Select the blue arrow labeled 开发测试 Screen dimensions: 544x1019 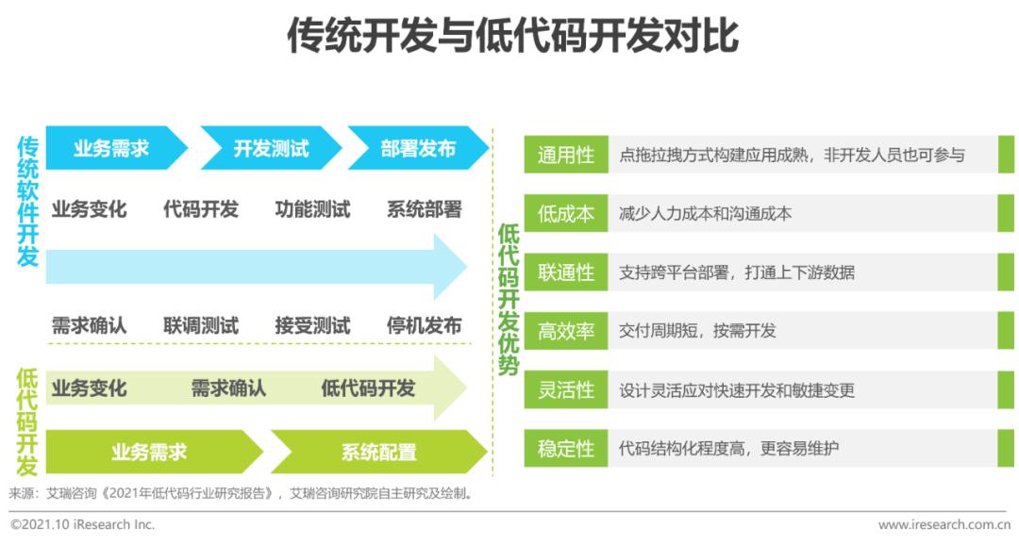pyautogui.click(x=271, y=148)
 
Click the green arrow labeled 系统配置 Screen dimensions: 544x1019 pyautogui.click(x=378, y=452)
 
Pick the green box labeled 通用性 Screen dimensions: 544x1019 pyautogui.click(x=566, y=155)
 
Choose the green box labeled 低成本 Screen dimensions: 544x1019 pyautogui.click(x=566, y=214)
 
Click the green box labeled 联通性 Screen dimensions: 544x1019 pyautogui.click(x=566, y=272)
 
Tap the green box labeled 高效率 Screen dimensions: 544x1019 pyautogui.click(x=566, y=331)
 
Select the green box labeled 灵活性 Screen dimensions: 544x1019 pyautogui.click(x=566, y=389)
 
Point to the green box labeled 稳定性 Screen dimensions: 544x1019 pyautogui.click(x=566, y=449)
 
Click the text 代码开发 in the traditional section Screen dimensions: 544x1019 pyautogui.click(x=201, y=209)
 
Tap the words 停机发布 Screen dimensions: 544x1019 pyautogui.click(x=425, y=325)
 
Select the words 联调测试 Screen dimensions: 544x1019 pyautogui.click(x=201, y=325)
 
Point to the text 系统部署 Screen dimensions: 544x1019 pyautogui.click(x=425, y=209)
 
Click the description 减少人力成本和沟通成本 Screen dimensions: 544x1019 pyautogui.click(x=705, y=214)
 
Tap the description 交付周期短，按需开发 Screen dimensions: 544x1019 pyautogui.click(x=697, y=331)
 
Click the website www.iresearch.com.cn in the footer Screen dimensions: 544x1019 pyautogui.click(x=947, y=524)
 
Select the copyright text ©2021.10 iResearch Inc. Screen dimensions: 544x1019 pyautogui.click(x=83, y=524)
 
